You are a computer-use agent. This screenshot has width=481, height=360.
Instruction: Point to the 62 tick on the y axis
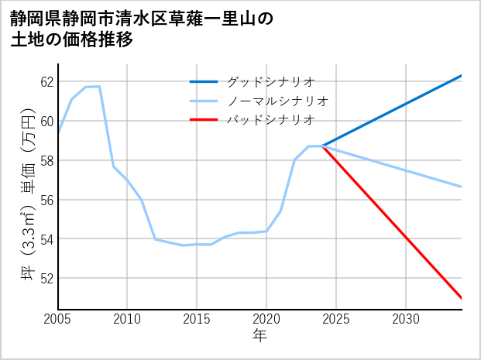(46, 82)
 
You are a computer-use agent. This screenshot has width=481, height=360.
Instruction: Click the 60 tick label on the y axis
(46, 122)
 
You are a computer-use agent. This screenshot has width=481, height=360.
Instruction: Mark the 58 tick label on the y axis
(46, 161)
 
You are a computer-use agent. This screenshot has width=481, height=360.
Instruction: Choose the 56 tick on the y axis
(46, 200)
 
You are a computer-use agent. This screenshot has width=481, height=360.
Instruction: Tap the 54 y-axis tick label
(46, 239)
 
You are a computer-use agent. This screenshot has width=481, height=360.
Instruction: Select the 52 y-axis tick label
(46, 279)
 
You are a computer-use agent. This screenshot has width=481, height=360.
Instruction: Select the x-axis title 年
(259, 337)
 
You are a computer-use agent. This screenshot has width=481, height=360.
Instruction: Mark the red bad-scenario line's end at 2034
(462, 298)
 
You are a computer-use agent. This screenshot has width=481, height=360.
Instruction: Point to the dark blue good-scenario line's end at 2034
(462, 75)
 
